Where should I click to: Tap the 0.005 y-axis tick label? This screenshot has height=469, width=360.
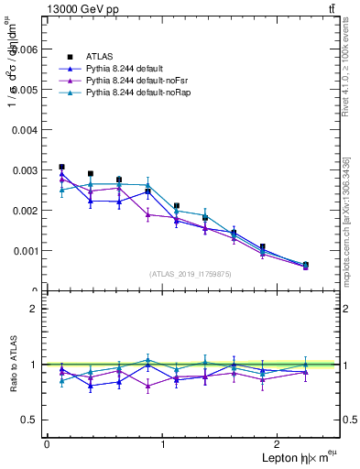[26, 90]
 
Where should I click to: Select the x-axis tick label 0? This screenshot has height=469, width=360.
[47, 444]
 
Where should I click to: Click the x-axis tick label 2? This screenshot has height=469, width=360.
[279, 444]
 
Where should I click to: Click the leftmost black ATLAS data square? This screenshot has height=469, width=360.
[61, 168]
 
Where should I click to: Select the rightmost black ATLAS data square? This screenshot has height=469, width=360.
[305, 265]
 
